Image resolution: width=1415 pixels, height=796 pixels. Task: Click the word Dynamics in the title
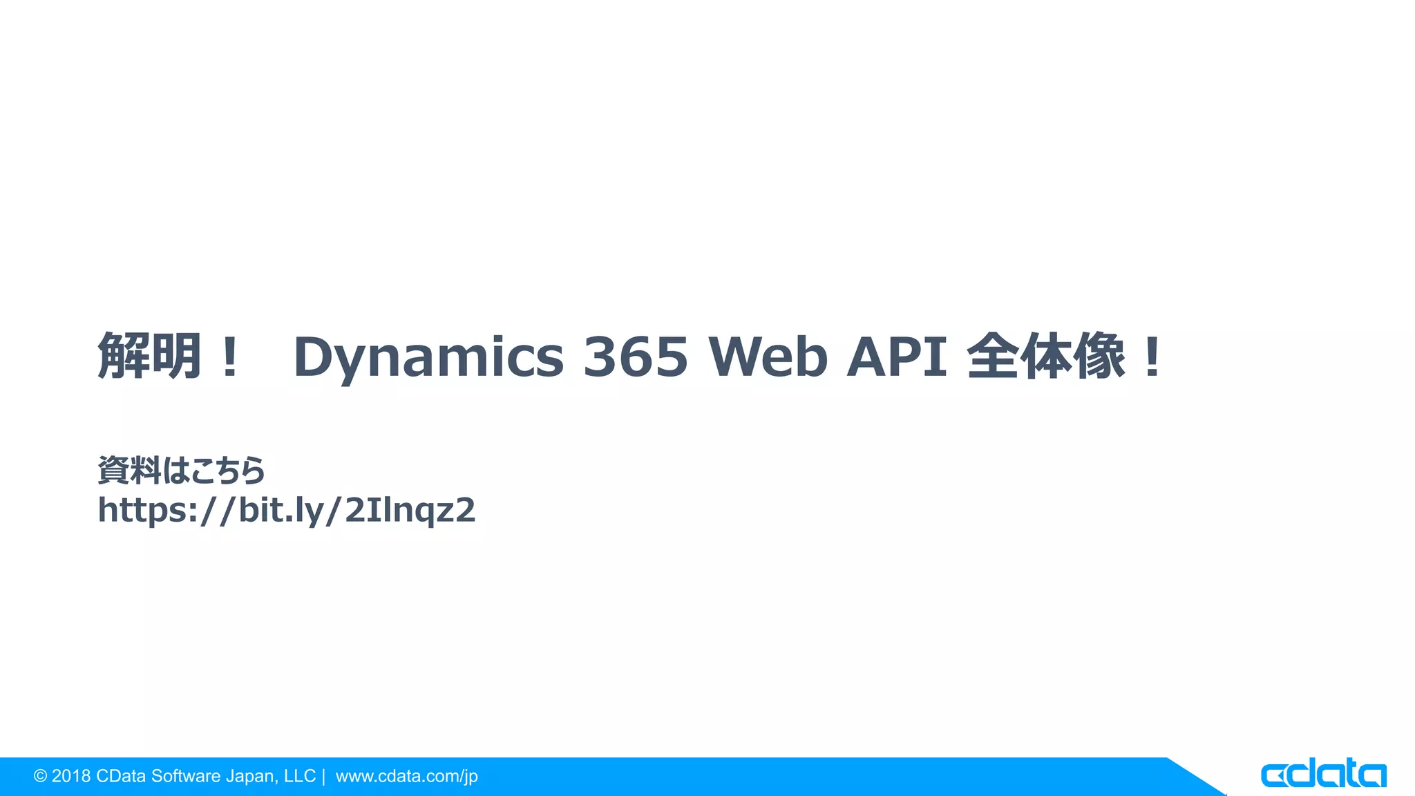tap(428, 357)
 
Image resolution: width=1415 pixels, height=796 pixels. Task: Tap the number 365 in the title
tap(636, 357)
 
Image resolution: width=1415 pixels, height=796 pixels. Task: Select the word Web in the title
tap(768, 357)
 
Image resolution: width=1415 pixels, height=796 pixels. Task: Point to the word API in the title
tap(897, 357)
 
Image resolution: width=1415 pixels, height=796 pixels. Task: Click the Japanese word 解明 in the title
tap(150, 356)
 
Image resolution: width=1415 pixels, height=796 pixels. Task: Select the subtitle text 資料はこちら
tap(182, 471)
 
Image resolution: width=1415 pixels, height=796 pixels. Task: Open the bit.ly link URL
tap(287, 511)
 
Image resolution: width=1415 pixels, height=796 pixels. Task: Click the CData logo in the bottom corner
tap(1323, 775)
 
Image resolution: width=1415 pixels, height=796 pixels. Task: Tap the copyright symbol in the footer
tap(41, 777)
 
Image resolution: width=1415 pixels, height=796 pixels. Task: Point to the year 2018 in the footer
tap(71, 777)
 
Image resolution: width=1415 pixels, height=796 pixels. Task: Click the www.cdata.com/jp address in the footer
tap(407, 777)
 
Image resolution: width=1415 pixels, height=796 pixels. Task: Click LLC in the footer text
tap(300, 777)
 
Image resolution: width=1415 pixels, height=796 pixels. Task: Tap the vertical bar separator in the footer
tap(323, 777)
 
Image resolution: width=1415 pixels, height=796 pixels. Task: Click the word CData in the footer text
tap(121, 777)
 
